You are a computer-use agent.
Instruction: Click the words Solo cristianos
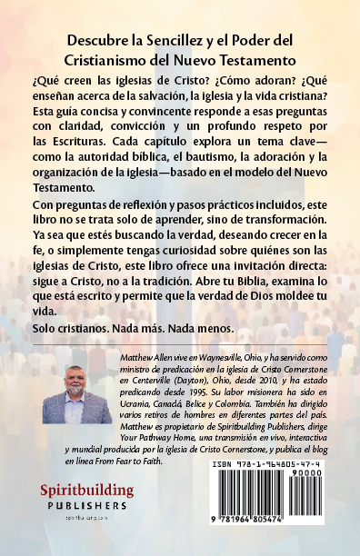(x=88, y=325)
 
